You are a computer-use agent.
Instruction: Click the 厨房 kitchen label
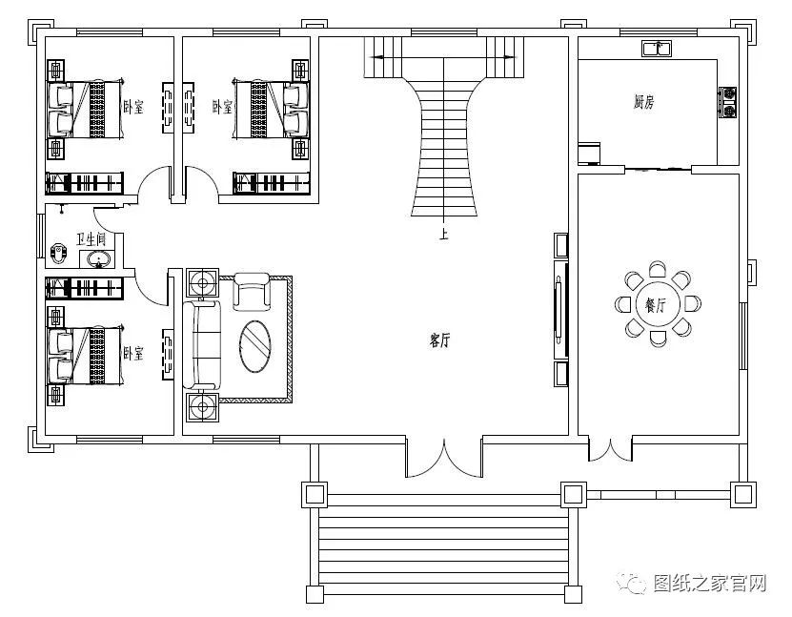click(644, 102)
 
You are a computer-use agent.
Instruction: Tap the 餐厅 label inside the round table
click(656, 305)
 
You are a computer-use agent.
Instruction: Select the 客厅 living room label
click(440, 340)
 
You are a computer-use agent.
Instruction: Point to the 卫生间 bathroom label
click(91, 238)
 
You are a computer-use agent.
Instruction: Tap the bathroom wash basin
click(98, 259)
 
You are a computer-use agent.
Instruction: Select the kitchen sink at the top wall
click(657, 49)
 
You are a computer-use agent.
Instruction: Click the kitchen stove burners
click(728, 103)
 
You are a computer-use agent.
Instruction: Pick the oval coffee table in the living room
click(255, 346)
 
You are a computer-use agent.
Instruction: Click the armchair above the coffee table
click(251, 292)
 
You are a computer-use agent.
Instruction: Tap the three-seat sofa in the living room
click(201, 344)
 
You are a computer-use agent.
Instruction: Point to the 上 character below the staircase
click(443, 234)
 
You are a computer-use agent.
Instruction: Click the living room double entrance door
click(444, 459)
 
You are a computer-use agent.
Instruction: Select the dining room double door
click(610, 450)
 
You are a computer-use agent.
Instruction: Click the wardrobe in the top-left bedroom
click(85, 183)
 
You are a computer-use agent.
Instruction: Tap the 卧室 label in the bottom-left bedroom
click(133, 353)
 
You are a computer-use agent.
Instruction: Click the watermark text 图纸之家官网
click(710, 583)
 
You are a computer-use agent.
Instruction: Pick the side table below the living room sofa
click(203, 406)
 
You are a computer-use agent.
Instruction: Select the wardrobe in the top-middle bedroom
click(272, 183)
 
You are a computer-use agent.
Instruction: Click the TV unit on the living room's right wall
click(560, 310)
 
